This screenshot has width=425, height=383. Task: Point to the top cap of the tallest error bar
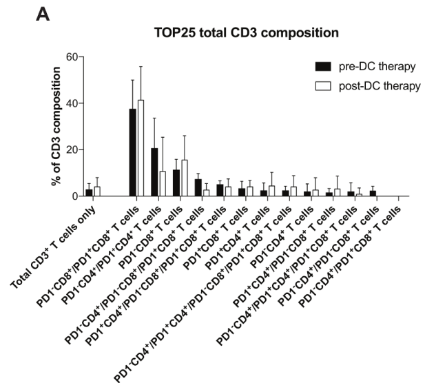point(141,67)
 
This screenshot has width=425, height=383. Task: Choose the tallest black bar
point(132,152)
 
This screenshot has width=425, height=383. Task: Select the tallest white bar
point(141,148)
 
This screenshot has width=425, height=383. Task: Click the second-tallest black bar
point(154,172)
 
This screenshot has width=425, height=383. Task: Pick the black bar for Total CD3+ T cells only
point(89,193)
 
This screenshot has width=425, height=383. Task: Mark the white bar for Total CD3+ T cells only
point(97,191)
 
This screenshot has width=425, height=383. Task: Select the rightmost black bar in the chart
point(373,194)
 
